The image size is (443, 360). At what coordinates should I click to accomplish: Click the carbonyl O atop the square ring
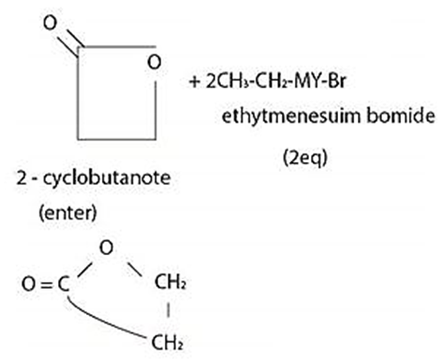(x=51, y=23)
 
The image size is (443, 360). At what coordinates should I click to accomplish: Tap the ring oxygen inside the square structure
(x=155, y=62)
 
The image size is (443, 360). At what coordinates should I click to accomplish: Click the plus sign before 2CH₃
(x=194, y=82)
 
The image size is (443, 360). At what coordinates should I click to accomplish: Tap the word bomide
(x=401, y=115)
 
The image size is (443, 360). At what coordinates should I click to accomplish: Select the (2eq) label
(x=305, y=157)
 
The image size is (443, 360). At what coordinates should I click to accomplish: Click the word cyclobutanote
(x=107, y=178)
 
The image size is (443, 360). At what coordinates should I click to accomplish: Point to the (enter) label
(x=67, y=213)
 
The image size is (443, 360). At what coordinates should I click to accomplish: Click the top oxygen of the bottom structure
(x=106, y=247)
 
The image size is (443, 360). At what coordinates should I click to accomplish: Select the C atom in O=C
(x=64, y=285)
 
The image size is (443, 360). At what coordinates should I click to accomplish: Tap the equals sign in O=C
(x=46, y=285)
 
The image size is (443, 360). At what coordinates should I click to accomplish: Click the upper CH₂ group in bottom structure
(x=170, y=282)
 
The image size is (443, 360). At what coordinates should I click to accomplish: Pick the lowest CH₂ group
(x=167, y=342)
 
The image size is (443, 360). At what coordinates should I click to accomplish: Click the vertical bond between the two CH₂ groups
(x=169, y=310)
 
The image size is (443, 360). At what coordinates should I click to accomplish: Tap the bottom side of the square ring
(x=117, y=139)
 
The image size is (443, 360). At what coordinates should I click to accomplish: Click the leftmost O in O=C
(x=28, y=285)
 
